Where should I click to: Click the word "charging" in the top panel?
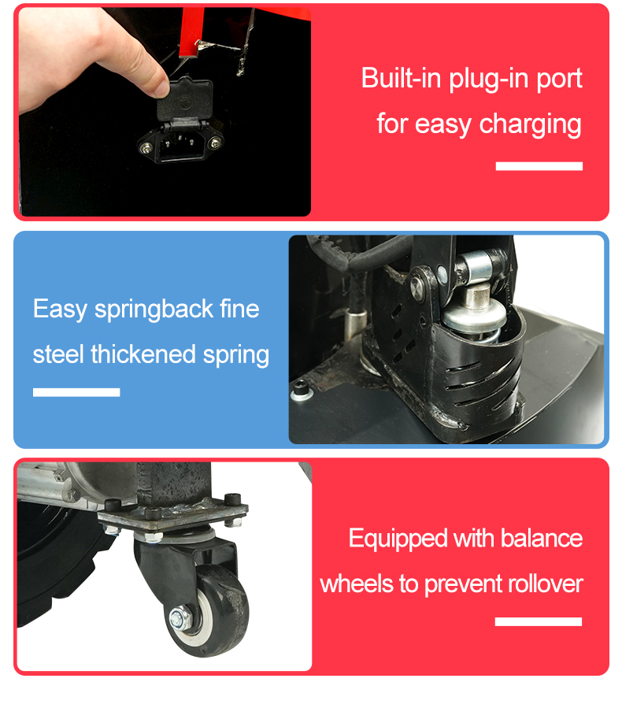(x=531, y=124)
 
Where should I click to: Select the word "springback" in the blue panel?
(x=154, y=310)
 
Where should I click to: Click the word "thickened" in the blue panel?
(x=143, y=354)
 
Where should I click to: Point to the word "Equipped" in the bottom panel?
(x=398, y=539)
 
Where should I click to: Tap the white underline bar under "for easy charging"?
(x=539, y=166)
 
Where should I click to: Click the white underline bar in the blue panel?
(x=76, y=392)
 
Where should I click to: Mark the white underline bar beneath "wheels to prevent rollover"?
(x=539, y=621)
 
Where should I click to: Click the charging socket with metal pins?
(x=180, y=144)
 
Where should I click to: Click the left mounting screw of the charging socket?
(x=146, y=147)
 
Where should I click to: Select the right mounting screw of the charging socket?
(x=216, y=143)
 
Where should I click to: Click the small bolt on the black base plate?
(x=299, y=390)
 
